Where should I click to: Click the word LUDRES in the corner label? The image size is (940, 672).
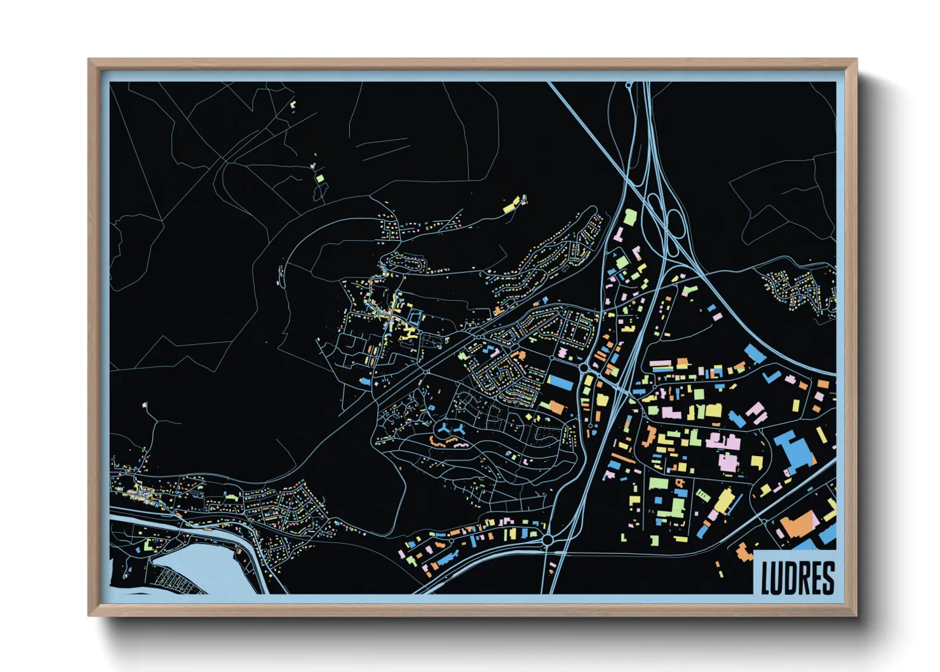(x=797, y=577)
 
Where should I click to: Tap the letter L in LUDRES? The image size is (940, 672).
(x=766, y=578)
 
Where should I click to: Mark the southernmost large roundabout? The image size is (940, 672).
(x=547, y=539)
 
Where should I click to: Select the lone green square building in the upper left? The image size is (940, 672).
(x=319, y=178)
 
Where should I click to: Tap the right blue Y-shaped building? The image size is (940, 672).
(x=460, y=430)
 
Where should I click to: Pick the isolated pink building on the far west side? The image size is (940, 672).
(x=145, y=405)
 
